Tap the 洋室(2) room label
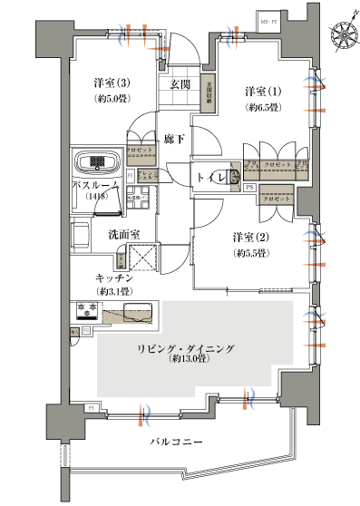[248, 239]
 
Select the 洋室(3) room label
[112, 84]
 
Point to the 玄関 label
[179, 84]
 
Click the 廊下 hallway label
[174, 139]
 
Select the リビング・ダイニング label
[188, 347]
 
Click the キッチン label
[112, 277]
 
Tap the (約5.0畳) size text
[112, 100]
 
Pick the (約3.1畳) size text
[112, 291]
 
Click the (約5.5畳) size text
[248, 254]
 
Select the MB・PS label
[269, 18]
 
